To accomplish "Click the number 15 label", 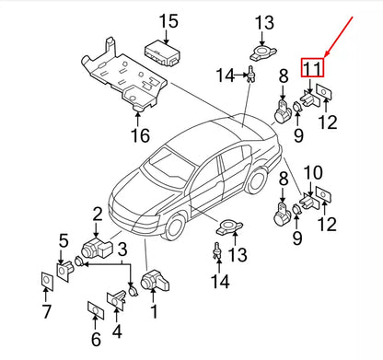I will click(166, 21).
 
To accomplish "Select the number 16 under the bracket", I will click(138, 137).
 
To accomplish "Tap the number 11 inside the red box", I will click(313, 67).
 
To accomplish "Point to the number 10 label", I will click(313, 172).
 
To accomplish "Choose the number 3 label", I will click(121, 247).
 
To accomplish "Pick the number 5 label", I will click(63, 242).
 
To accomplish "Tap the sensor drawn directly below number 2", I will click(92, 247).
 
